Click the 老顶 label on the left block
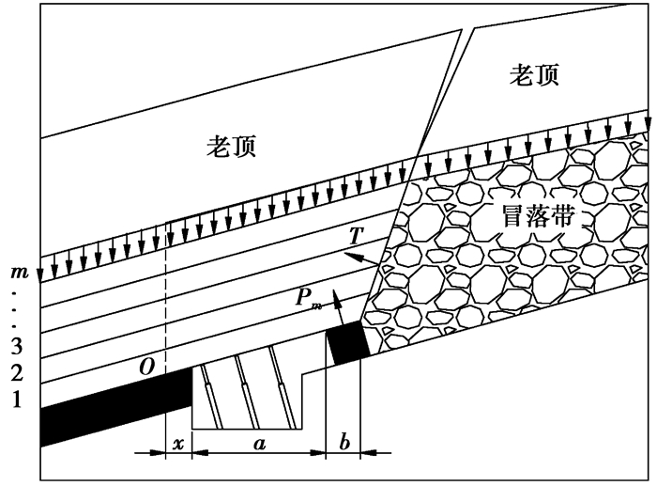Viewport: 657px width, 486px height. pos(231,146)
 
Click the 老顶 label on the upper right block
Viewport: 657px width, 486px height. pos(534,75)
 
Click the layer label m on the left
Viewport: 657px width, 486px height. pos(16,272)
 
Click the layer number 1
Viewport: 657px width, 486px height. pos(16,400)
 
